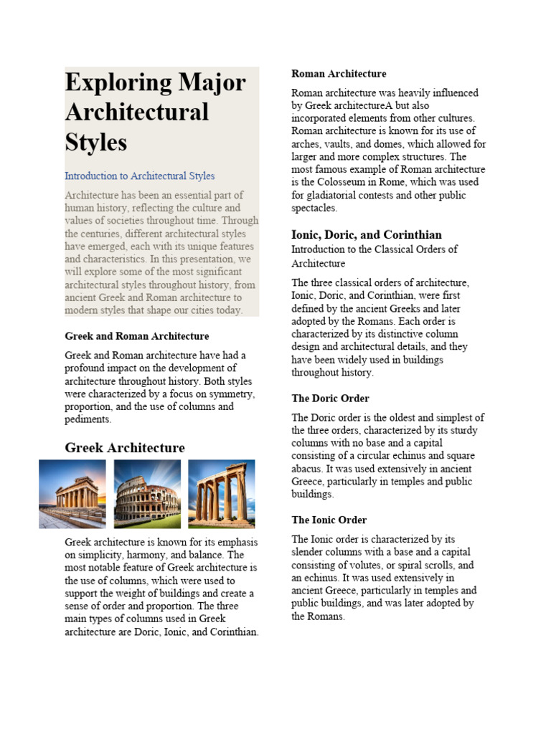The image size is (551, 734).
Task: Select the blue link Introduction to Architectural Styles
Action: tap(139, 176)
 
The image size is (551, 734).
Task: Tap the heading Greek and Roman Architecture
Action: tap(136, 336)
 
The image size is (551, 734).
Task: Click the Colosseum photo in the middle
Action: tap(147, 494)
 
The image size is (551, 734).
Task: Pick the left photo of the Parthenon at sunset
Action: tap(72, 494)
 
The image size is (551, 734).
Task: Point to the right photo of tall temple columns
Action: tap(221, 494)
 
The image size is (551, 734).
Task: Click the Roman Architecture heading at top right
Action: tap(339, 74)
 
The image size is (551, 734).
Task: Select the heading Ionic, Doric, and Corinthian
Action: tap(366, 235)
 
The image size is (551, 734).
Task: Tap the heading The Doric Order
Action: tap(330, 399)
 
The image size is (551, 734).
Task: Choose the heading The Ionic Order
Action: tap(329, 520)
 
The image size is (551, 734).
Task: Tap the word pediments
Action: tap(88, 420)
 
